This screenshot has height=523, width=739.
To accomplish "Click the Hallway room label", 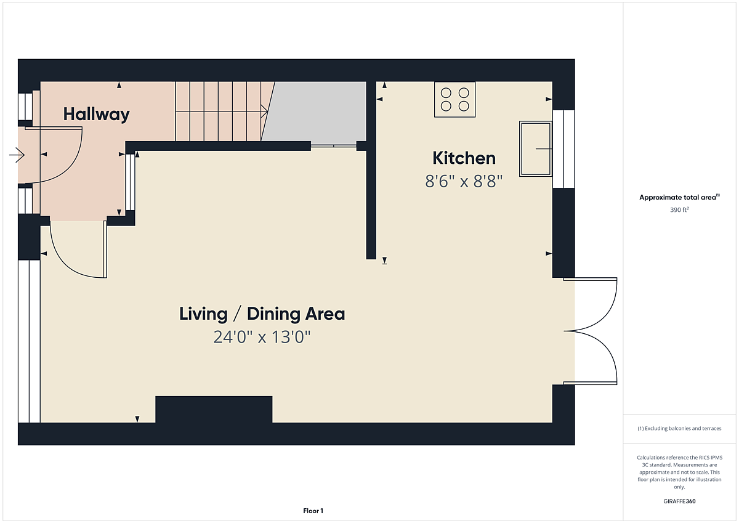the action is (x=96, y=114).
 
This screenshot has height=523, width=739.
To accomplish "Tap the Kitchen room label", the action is (x=464, y=158).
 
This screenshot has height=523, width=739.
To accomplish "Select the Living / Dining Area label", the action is (x=262, y=314).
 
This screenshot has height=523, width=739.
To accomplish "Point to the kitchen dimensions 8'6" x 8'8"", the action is (x=464, y=181).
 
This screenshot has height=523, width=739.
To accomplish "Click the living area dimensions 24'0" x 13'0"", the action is (x=262, y=337).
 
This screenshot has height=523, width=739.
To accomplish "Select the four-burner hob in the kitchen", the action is (x=454, y=100).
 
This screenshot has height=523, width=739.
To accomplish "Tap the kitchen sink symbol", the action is (x=535, y=149).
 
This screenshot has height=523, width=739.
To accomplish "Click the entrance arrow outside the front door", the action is (x=17, y=155).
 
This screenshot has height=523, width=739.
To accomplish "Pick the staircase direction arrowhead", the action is (x=265, y=111).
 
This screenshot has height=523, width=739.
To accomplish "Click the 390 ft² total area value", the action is (x=679, y=210).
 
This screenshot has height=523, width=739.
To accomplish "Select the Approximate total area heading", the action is (x=679, y=197).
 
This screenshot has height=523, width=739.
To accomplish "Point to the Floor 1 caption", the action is (x=313, y=511).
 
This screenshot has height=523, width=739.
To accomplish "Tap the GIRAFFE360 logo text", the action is (x=679, y=501).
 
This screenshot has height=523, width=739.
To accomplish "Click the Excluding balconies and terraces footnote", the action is (x=679, y=428).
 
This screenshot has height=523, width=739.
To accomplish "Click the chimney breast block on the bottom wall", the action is (x=214, y=409).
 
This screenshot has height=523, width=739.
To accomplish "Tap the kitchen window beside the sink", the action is (x=563, y=149).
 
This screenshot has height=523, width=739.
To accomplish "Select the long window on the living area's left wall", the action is (x=29, y=341).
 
